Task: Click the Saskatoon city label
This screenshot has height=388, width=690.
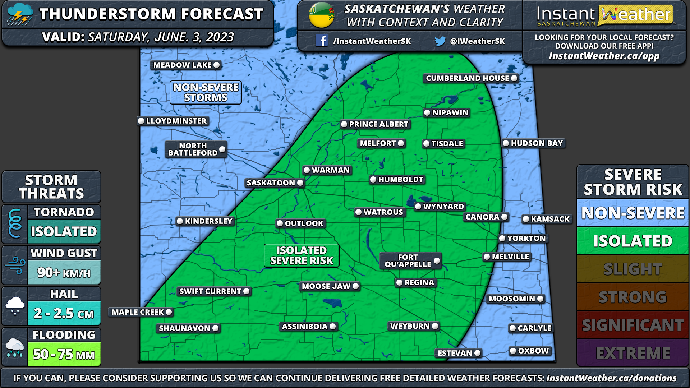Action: point(271,183)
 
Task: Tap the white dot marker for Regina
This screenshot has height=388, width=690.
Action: point(399,283)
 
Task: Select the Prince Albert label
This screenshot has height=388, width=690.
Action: point(378,124)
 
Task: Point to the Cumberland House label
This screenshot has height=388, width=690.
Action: point(467,78)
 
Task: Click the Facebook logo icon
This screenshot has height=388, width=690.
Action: point(321,40)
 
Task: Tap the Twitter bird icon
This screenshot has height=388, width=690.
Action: point(440,41)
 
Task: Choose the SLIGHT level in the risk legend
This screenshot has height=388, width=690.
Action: point(632,269)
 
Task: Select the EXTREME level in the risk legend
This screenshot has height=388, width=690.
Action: point(632,353)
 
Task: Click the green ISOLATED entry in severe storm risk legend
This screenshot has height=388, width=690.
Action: point(632,241)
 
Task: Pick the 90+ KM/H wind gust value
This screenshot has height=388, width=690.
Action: point(64,273)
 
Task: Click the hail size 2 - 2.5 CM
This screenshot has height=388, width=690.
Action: point(64,314)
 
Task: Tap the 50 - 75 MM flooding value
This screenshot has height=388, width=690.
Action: point(64,355)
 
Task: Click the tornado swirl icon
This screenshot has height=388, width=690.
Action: point(15,223)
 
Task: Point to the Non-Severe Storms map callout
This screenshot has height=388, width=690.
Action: point(206,93)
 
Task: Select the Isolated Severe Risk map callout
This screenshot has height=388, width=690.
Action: point(302,255)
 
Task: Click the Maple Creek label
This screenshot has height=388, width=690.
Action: point(138,312)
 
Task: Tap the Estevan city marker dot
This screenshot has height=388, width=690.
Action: point(477,353)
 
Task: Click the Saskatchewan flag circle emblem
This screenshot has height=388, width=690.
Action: point(321,15)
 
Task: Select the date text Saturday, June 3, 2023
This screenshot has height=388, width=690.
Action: point(161,37)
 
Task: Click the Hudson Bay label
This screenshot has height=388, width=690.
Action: point(537,143)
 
